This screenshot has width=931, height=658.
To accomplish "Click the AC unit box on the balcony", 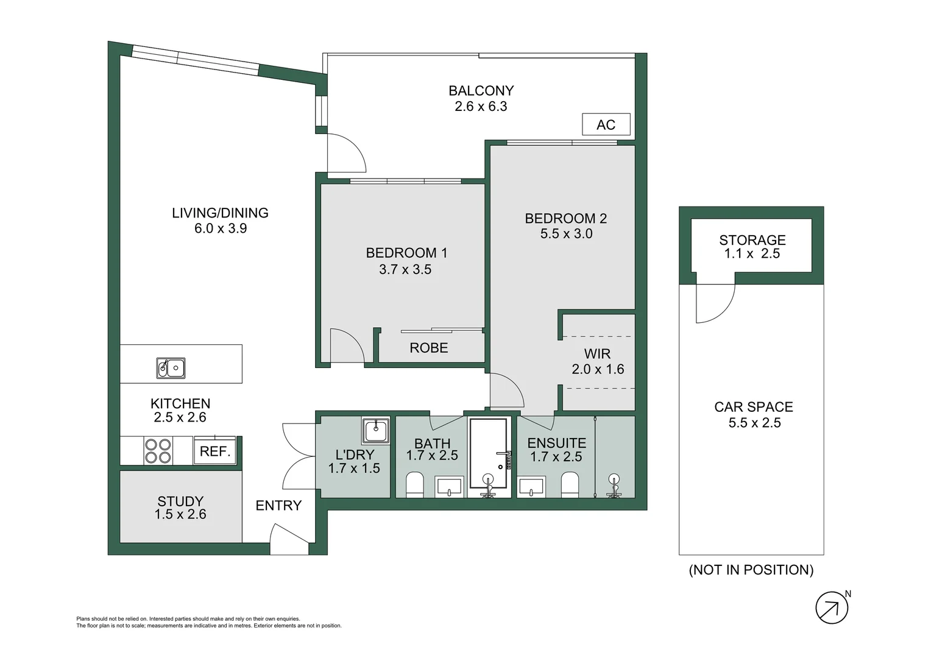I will click(x=606, y=124).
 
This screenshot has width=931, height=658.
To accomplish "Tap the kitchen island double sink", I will click(x=171, y=368).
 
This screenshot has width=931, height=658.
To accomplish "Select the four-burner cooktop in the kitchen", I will click(x=158, y=451).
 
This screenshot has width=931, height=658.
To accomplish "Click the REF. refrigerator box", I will click(x=214, y=451).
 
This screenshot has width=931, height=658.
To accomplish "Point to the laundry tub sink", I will click(x=375, y=431).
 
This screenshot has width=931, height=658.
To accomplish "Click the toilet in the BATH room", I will click(x=414, y=485).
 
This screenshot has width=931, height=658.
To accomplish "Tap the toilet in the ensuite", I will click(x=570, y=484).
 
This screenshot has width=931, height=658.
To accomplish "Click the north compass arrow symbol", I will click(x=832, y=607).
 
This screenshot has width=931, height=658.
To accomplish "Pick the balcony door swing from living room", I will click(x=345, y=153).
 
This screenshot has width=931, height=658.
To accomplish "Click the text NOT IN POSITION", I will click(x=751, y=570).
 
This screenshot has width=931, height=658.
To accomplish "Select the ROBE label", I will click(x=428, y=348).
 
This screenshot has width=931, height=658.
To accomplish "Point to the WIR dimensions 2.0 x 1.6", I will click(x=598, y=369).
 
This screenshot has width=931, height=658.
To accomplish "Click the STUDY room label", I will click(x=180, y=501).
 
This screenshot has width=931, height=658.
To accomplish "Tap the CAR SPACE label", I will click(x=754, y=407).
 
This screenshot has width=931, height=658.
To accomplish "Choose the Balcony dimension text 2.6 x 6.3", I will click(x=481, y=107).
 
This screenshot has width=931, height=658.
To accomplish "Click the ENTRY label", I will click(x=278, y=506).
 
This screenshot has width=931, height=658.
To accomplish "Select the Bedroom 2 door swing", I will click(x=505, y=391).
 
